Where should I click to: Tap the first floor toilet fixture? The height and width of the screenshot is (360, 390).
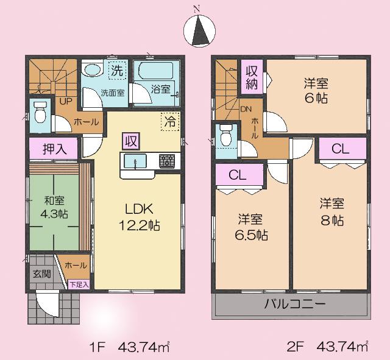pos(41,113)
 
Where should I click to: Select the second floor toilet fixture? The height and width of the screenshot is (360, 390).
pos(227,136)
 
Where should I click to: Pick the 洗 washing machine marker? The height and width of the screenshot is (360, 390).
pos(117,71)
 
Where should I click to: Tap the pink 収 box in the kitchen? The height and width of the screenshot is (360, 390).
pos(130,141)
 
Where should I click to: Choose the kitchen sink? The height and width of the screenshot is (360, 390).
pos(134,161)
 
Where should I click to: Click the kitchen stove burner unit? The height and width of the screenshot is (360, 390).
pos(166,161)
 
